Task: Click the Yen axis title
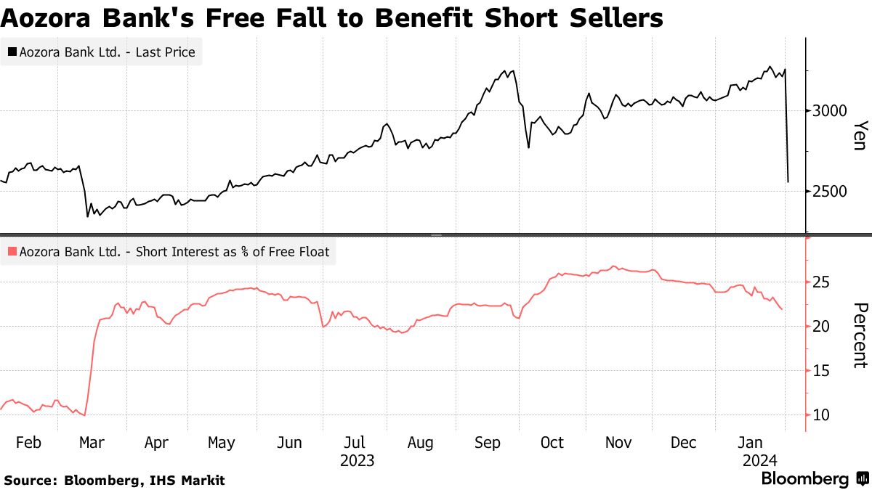point(859,135)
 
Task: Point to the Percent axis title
point(859,335)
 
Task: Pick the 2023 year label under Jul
point(356,461)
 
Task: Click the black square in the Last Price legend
point(12,52)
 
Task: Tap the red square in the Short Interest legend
point(12,253)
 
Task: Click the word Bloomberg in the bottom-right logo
point(804,479)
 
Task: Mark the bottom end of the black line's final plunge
point(788,181)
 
